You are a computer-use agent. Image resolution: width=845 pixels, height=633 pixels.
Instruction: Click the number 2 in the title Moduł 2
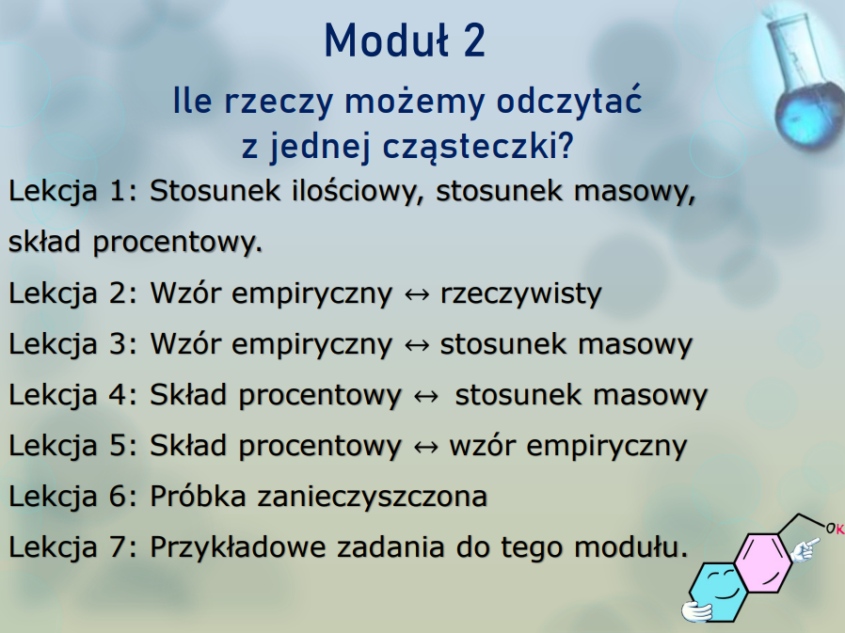pyautogui.click(x=473, y=41)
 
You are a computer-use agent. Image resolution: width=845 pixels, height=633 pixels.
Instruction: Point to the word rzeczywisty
pyautogui.click(x=520, y=293)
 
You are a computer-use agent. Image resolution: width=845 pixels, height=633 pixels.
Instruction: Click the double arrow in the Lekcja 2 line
pyautogui.click(x=417, y=294)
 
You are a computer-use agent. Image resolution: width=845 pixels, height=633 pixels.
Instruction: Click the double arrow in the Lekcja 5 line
pyautogui.click(x=425, y=447)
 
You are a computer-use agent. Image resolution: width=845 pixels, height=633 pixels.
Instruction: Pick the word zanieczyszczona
pyautogui.click(x=373, y=497)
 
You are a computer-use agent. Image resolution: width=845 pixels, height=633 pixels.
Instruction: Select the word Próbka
pyautogui.click(x=199, y=496)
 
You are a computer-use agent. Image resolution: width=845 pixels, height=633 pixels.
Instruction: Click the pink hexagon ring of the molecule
pyautogui.click(x=764, y=562)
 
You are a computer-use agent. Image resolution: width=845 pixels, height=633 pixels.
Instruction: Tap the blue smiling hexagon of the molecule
pyautogui.click(x=718, y=592)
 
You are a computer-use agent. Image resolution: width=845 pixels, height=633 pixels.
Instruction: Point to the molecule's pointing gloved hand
pyautogui.click(x=805, y=550)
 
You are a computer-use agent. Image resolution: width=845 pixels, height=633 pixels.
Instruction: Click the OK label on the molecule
pyautogui.click(x=835, y=529)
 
